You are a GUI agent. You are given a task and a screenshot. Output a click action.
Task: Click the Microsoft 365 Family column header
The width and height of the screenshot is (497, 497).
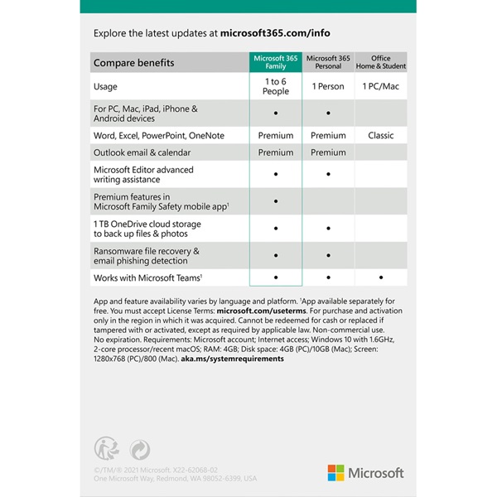(276, 62)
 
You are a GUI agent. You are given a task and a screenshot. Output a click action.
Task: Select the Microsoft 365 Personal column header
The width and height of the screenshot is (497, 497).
(328, 62)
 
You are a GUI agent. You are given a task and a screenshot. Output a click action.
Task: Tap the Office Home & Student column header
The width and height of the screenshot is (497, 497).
(380, 62)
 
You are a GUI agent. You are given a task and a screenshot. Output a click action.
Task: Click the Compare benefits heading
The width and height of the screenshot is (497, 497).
(133, 63)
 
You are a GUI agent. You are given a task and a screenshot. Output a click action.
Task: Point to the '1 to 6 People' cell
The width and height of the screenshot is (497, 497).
(276, 86)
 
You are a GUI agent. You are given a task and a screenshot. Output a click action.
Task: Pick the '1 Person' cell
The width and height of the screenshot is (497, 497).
(328, 86)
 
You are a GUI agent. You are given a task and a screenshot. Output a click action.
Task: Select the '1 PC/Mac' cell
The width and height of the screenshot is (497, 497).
(380, 86)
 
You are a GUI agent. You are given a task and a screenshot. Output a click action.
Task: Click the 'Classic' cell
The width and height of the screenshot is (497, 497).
(380, 135)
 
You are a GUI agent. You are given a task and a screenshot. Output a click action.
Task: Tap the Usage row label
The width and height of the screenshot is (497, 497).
(105, 86)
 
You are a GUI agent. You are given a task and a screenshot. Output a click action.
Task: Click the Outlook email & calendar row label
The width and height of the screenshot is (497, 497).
(142, 152)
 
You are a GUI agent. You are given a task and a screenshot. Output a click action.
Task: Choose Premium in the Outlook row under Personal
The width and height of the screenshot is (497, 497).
(328, 152)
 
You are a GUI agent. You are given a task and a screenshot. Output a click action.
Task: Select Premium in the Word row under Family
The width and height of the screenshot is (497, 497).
(276, 135)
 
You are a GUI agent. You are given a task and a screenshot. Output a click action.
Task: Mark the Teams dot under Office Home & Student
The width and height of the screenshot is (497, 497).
(380, 277)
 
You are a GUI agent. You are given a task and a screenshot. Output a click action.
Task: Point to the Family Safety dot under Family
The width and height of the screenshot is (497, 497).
(276, 200)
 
